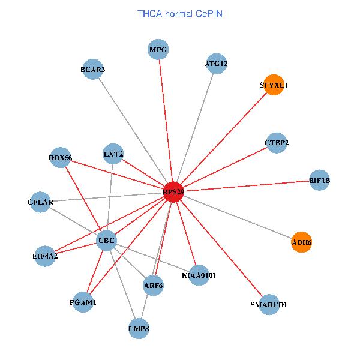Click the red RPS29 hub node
[x=173, y=192]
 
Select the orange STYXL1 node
[x=273, y=85]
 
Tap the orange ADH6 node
[x=301, y=242]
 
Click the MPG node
[x=158, y=49]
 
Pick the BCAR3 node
[x=92, y=70]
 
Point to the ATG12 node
[x=216, y=64]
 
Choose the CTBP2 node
[x=276, y=143]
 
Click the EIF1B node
[x=319, y=180]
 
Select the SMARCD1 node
[x=269, y=305]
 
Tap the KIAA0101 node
[x=199, y=275]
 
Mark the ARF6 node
[x=153, y=286]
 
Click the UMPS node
[x=139, y=329]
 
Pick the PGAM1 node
[x=82, y=303]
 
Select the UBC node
[x=106, y=241]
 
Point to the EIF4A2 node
[x=45, y=256]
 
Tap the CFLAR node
[x=40, y=202]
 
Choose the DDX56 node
[x=61, y=158]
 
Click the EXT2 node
[x=113, y=154]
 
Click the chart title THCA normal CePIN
[x=180, y=13]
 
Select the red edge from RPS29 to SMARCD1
[x=222, y=250]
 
